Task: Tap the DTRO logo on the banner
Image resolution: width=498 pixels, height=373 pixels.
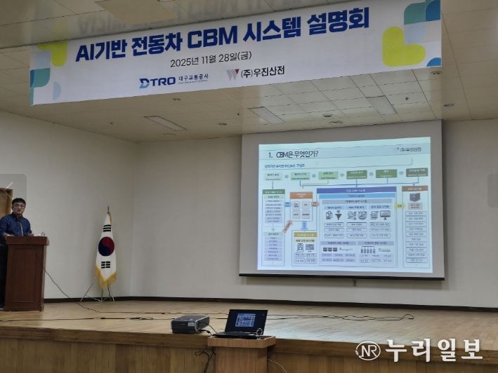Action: point(157,82)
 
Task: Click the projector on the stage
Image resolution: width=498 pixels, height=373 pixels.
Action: point(190,323)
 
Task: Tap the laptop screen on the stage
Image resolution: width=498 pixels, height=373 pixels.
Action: point(245,320)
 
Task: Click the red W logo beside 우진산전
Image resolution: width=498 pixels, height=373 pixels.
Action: point(232,74)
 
